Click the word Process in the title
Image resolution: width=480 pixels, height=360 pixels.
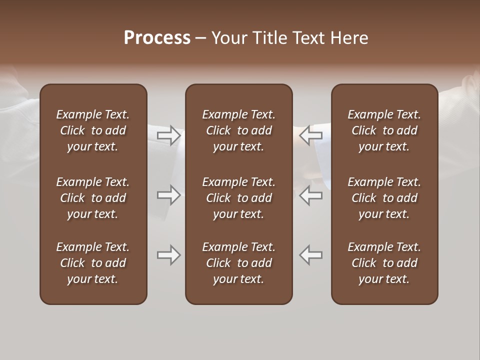point(157,38)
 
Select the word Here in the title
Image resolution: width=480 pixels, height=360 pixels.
point(349,38)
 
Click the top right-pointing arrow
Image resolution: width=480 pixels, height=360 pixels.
point(169,135)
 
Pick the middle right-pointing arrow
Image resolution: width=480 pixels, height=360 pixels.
point(169,195)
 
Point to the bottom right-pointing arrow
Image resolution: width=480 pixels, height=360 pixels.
point(169,255)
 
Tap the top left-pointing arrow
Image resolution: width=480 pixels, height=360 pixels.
point(311,135)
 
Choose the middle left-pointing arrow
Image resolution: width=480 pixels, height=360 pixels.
point(311,195)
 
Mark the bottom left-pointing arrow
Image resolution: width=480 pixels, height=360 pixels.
point(311,255)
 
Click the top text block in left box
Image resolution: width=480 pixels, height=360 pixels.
point(93,130)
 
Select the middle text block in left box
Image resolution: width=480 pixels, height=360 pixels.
point(93,198)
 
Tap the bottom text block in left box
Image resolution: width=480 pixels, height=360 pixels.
point(93,263)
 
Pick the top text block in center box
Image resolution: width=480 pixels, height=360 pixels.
point(239,130)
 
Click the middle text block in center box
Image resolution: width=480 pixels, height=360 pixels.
point(239,198)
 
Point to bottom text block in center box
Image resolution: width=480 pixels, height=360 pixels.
point(239,263)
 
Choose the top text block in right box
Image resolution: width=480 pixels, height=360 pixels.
point(384,130)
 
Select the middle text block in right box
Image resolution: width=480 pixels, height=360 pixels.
point(384,198)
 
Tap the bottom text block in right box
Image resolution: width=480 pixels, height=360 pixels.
point(384,263)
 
